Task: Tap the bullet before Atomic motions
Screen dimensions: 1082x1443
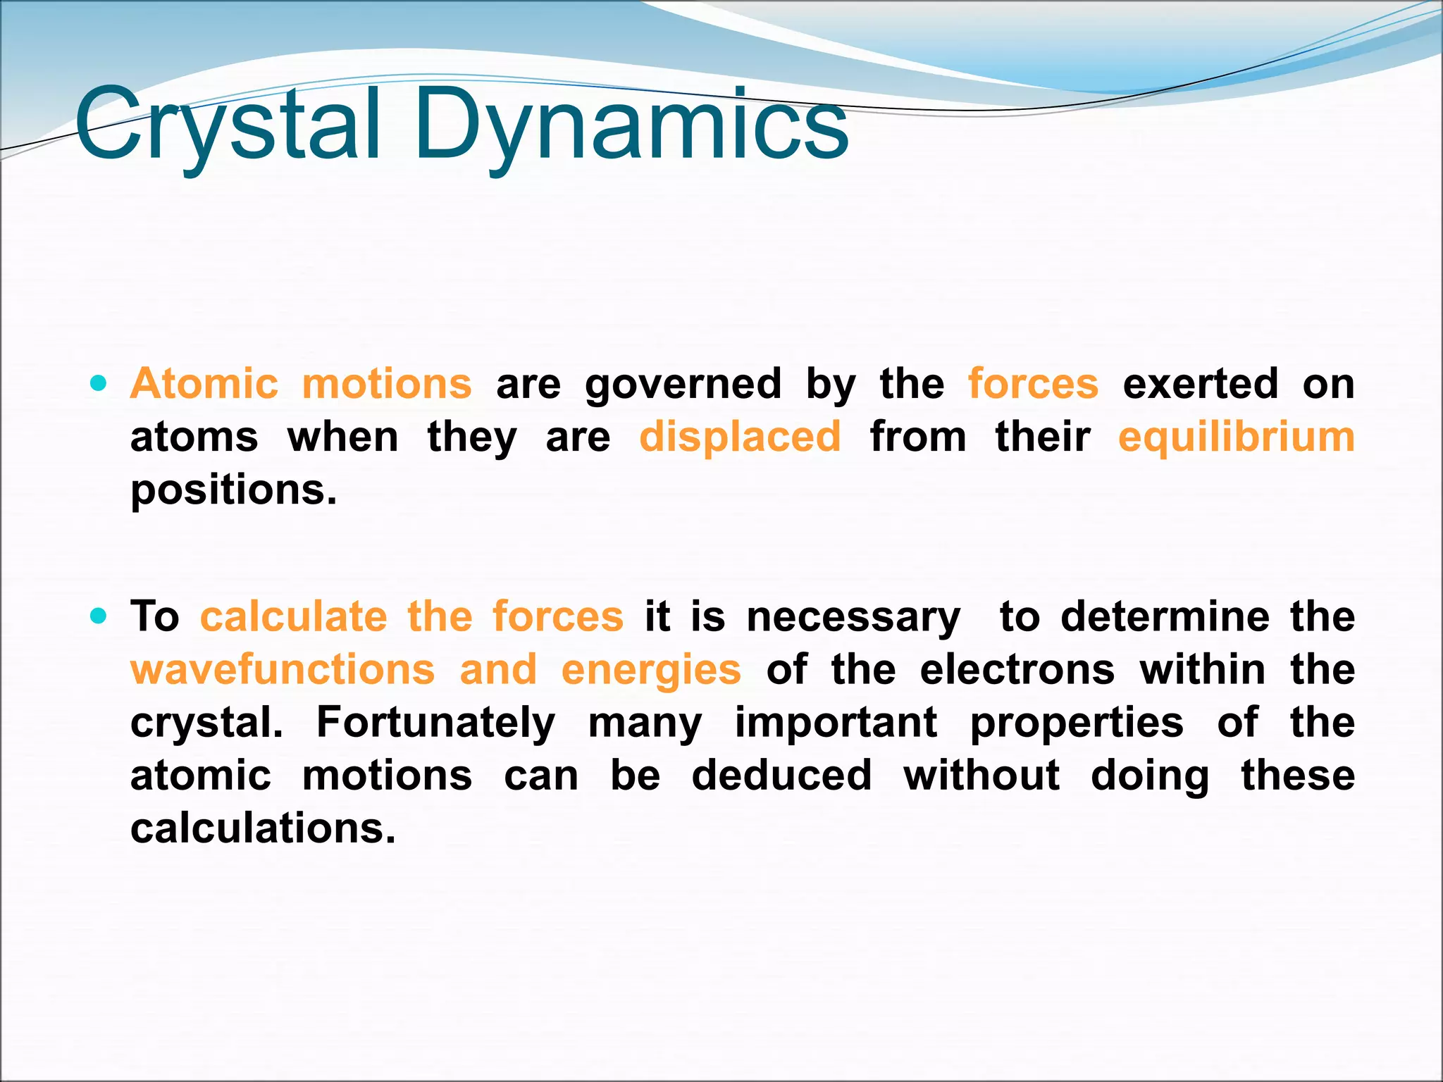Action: point(99,384)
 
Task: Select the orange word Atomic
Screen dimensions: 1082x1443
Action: point(204,384)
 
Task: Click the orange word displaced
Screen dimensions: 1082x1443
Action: point(740,437)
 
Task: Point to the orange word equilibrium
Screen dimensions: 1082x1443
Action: point(1237,437)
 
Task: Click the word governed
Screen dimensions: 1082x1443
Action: point(683,385)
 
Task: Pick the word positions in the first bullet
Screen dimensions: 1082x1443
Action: point(233,490)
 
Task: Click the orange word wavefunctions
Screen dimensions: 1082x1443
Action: point(283,669)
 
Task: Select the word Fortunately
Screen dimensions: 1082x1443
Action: point(435,723)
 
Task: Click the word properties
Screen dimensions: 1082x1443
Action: point(1077,723)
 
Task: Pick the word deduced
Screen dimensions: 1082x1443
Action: point(781,775)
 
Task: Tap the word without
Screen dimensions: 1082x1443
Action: point(981,775)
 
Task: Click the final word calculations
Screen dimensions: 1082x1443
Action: point(263,828)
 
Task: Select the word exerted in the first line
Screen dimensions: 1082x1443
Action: point(1200,384)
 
